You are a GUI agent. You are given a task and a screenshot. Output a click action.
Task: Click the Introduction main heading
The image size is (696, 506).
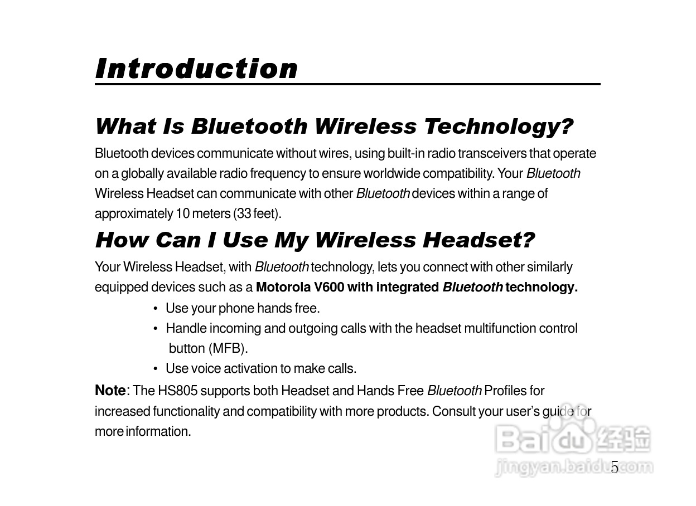196,69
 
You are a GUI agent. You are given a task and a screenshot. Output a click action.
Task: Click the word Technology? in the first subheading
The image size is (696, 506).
499,126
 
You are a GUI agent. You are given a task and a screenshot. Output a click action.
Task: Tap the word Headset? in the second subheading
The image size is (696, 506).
478,240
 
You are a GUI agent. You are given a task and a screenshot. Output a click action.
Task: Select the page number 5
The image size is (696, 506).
615,467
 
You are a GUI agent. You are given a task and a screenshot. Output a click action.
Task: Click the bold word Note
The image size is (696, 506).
110,390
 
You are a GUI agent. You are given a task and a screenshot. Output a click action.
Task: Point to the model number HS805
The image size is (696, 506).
178,391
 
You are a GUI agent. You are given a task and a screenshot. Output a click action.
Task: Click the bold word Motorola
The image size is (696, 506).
283,287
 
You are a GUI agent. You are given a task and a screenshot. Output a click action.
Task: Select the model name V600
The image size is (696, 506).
328,287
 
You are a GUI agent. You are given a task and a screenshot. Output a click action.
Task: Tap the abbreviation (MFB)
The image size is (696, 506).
228,348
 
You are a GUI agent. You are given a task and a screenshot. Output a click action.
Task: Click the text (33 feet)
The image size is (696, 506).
257,213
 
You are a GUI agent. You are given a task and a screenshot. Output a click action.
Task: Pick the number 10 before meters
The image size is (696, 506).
183,213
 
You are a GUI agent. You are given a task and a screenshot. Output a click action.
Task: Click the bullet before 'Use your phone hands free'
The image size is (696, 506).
156,309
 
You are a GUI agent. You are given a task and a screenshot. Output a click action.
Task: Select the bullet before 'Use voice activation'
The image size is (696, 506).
156,369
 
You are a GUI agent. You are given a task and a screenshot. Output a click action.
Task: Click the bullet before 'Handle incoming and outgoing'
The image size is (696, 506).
156,329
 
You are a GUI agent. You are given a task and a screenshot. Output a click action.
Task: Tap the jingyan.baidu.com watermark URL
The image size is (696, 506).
574,467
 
